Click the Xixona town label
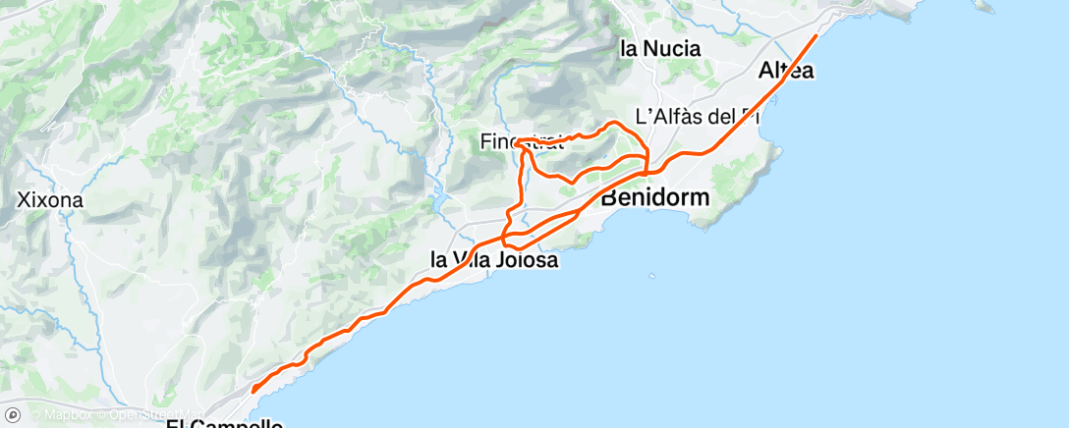tap(50, 200)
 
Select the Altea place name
tap(786, 71)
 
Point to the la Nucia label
tap(660, 47)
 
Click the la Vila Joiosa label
tap(495, 260)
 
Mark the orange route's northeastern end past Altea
tap(816, 35)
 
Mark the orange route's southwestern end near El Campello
tap(253, 391)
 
